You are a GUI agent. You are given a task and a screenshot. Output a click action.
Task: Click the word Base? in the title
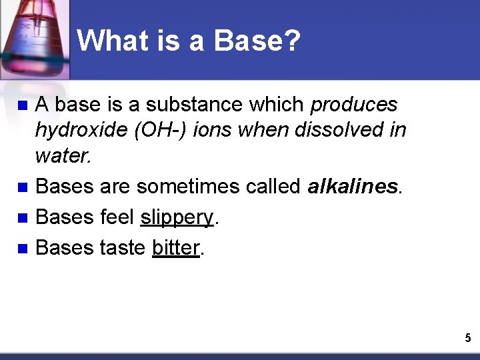click(x=257, y=41)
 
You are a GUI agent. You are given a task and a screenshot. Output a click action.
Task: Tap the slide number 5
click(x=467, y=339)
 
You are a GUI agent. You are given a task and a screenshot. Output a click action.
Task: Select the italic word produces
click(x=354, y=105)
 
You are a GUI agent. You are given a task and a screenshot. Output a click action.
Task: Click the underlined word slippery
click(x=177, y=217)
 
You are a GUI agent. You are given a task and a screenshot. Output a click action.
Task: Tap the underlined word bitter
click(x=176, y=247)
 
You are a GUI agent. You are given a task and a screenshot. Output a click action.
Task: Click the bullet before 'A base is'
click(x=21, y=105)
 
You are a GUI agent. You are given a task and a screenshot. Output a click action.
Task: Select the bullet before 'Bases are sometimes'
click(x=21, y=187)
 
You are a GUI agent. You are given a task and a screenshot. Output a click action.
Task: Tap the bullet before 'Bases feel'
click(x=21, y=218)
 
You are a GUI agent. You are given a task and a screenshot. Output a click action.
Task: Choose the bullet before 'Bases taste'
click(x=21, y=248)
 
